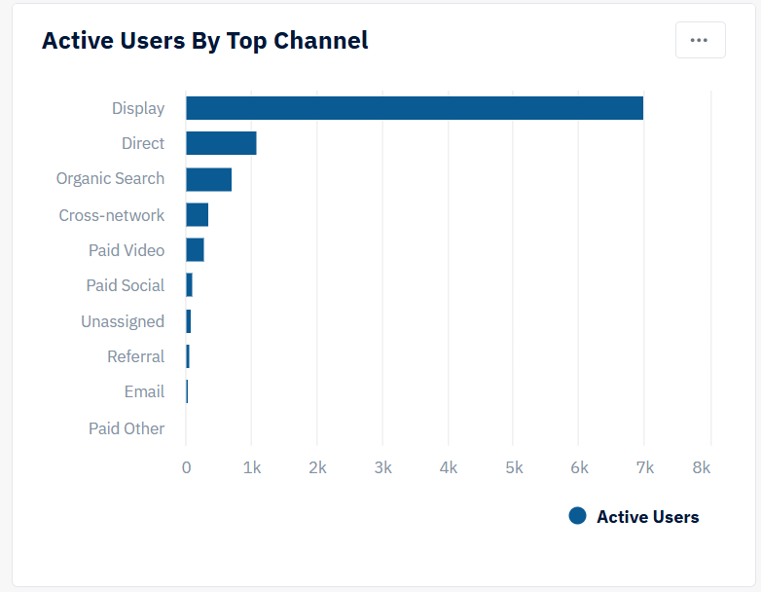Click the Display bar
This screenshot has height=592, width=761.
tap(414, 108)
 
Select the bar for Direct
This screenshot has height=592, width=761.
tap(221, 143)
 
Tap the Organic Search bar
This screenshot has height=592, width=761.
tap(208, 179)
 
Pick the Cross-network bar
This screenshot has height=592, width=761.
tap(197, 215)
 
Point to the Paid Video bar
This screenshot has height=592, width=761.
tap(195, 250)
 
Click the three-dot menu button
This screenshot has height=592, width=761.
tap(700, 40)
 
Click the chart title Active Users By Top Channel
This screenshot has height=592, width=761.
tap(204, 41)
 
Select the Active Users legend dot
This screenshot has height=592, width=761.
tap(577, 516)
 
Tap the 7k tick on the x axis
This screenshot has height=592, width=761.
tap(644, 467)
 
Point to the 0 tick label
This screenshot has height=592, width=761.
tap(186, 467)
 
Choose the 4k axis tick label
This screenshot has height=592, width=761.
tap(448, 467)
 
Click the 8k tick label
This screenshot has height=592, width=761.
tap(702, 467)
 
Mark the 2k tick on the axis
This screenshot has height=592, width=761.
tap(317, 467)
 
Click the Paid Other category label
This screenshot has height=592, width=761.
tap(127, 428)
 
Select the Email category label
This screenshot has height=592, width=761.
tap(144, 391)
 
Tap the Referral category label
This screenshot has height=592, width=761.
tap(135, 356)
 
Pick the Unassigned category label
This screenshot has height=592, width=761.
tap(123, 321)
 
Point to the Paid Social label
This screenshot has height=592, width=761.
tap(126, 285)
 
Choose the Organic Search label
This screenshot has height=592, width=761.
tap(110, 179)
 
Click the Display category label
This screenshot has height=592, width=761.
tap(138, 108)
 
